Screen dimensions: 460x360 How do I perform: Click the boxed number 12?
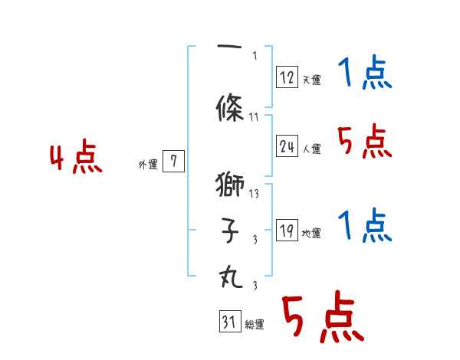[287, 77]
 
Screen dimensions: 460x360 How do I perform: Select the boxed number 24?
[287, 147]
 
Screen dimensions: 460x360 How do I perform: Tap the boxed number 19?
[287, 231]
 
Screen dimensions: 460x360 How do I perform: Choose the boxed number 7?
[174, 162]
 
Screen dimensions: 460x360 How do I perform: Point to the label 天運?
[310, 80]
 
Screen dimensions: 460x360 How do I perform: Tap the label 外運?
[148, 164]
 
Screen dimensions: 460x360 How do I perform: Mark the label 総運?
[255, 326]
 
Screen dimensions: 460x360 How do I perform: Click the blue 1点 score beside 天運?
[365, 74]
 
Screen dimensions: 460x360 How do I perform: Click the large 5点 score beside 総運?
[322, 319]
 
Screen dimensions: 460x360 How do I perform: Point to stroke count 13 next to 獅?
[255, 193]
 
